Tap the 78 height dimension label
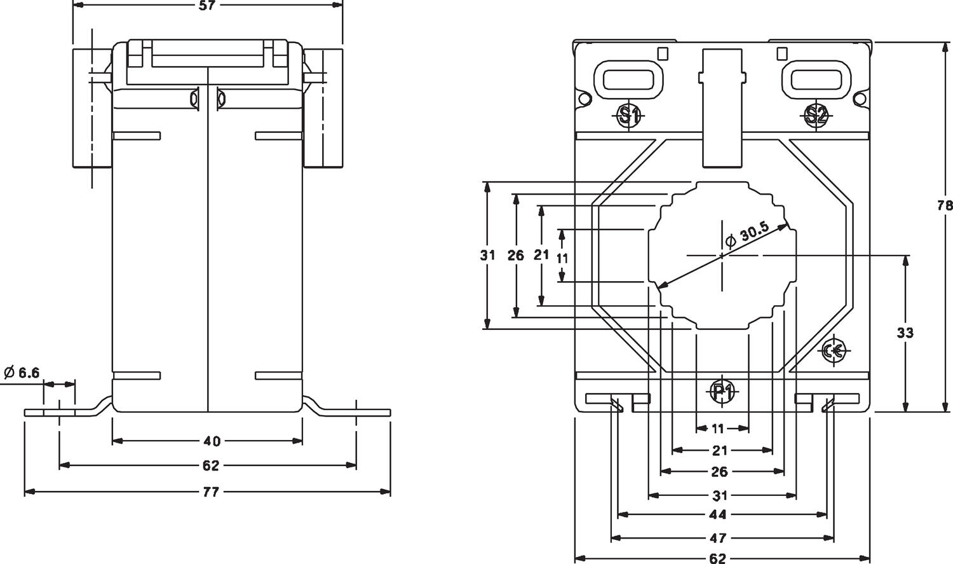945,206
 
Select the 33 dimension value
905,333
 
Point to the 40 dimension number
212,441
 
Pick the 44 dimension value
718,514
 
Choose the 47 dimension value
718,539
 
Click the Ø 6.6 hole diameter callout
22,372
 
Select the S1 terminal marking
629,115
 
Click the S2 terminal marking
816,115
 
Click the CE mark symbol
833,350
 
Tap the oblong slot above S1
628,79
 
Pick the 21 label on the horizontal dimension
719,451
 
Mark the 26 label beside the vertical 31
516,256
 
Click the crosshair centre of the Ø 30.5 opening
722,255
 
